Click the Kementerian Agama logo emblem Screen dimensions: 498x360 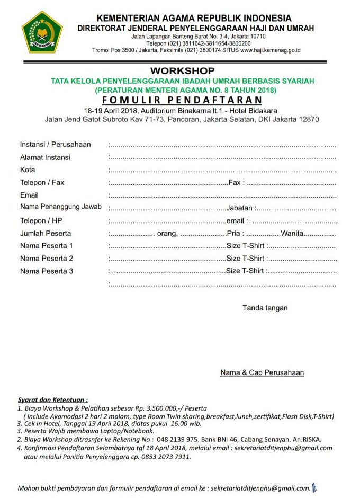(x=42, y=32)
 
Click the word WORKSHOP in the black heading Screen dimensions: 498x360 (x=182, y=70)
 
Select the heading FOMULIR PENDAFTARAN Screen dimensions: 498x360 (x=182, y=100)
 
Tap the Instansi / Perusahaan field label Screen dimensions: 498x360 (x=56, y=144)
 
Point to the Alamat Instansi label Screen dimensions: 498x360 (x=45, y=157)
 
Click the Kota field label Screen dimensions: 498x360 (x=28, y=170)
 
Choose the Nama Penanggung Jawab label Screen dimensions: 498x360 (x=61, y=207)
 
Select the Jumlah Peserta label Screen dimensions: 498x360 (x=46, y=233)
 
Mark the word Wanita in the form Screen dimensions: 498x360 (x=293, y=234)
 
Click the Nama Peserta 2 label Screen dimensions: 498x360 (x=47, y=259)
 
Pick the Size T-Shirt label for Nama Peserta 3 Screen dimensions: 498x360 (x=245, y=271)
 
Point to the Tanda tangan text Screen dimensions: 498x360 (x=265, y=308)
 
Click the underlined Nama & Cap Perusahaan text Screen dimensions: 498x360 (x=262, y=372)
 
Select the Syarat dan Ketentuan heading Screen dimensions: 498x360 (x=53, y=399)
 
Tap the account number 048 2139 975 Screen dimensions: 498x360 (x=179, y=439)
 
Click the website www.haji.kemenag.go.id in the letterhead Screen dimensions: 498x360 (x=270, y=50)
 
